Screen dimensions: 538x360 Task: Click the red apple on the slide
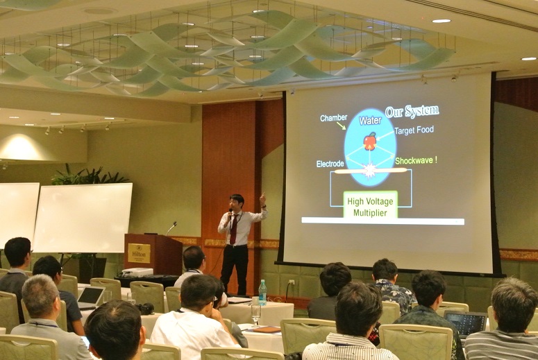point(370,141)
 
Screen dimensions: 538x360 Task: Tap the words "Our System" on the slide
point(412,112)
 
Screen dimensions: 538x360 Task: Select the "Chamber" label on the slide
point(333,118)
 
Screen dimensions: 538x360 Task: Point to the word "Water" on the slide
point(370,120)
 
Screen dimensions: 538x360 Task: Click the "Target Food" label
point(414,130)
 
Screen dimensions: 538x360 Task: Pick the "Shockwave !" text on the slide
point(417,160)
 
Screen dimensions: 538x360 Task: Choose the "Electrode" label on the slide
point(330,164)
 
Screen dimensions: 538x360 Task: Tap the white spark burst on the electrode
point(370,171)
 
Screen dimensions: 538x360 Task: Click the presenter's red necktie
point(234,229)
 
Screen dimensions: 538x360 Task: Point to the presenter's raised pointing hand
point(262,199)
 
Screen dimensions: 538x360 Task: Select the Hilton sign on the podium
point(139,253)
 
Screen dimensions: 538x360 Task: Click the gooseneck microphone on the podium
point(171,228)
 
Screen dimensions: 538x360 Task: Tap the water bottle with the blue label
point(262,293)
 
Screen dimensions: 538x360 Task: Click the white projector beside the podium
point(137,273)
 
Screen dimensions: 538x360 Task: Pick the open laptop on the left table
point(90,298)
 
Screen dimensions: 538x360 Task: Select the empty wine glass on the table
point(256,314)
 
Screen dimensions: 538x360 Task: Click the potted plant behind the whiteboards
point(90,175)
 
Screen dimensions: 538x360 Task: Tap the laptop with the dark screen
point(465,324)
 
